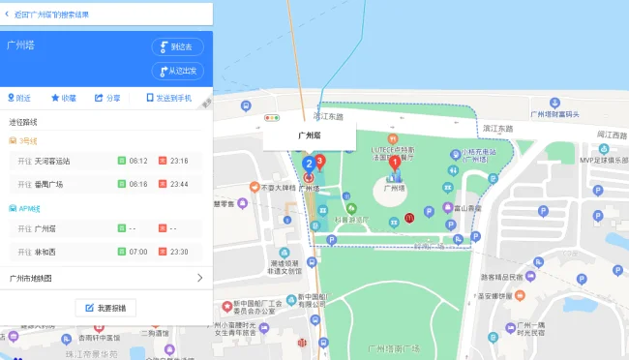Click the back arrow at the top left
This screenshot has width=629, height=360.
tap(8, 15)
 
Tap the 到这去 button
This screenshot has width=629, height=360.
tap(177, 46)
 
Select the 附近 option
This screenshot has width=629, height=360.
tap(18, 98)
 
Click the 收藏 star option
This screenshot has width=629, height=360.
tap(64, 98)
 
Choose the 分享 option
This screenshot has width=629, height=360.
tap(107, 98)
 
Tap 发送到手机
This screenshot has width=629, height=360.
tap(168, 98)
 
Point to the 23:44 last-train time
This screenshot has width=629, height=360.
tap(179, 184)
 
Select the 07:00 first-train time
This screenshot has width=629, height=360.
tap(138, 252)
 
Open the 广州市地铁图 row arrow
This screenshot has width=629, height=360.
tap(199, 278)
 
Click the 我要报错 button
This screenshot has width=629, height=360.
tap(106, 308)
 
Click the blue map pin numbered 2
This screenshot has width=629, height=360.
tap(309, 165)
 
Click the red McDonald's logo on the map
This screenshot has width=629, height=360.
tap(410, 217)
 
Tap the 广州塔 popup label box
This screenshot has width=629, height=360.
tap(309, 136)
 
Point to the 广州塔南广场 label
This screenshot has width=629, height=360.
tap(394, 346)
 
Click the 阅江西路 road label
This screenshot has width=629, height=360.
tap(612, 135)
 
